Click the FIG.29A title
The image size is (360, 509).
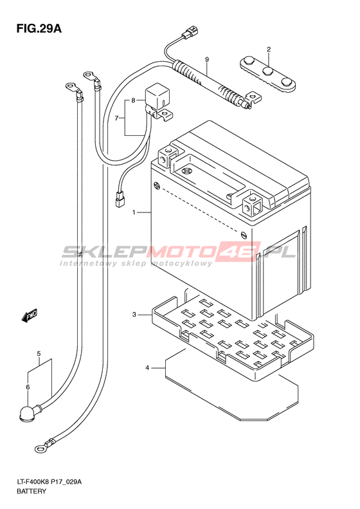point(39,28)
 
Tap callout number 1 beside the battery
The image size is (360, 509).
point(133,212)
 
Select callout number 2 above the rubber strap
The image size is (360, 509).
point(269,50)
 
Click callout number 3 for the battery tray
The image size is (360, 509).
point(134,315)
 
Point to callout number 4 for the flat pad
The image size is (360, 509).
point(147,368)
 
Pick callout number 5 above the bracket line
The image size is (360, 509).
point(39,353)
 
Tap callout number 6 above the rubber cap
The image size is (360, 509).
point(28,387)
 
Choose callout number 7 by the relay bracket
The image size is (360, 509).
point(116,118)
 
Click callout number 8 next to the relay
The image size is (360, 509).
point(133,100)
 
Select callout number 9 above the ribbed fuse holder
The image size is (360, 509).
point(207,59)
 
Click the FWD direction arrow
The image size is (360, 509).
point(30,315)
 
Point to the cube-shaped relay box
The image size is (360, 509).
point(157,97)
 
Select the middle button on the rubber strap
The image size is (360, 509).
point(267,71)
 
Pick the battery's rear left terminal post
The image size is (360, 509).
point(167,156)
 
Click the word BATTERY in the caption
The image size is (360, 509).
point(32,491)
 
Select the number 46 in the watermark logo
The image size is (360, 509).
point(244,251)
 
